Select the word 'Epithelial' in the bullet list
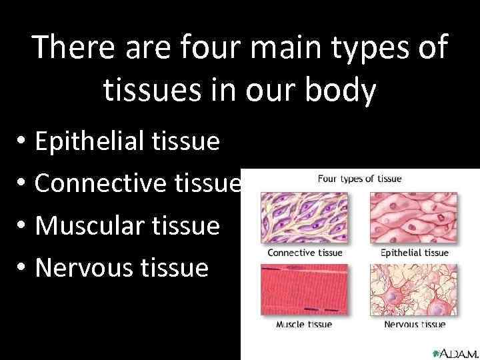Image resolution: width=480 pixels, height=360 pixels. pos(89,141)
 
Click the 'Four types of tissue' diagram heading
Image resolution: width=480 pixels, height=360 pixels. pos(359,179)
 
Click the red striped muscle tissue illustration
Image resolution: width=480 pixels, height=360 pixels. pos(304,290)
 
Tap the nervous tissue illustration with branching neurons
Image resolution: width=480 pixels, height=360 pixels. pos(414,290)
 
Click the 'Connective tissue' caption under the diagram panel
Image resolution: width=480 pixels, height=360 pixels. pos(305,253)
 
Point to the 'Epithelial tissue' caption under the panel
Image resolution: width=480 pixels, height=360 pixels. pos(414,253)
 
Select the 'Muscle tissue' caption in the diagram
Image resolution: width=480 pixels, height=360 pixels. pos(304,325)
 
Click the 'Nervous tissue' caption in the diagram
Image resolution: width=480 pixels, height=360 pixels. pos(415,325)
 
